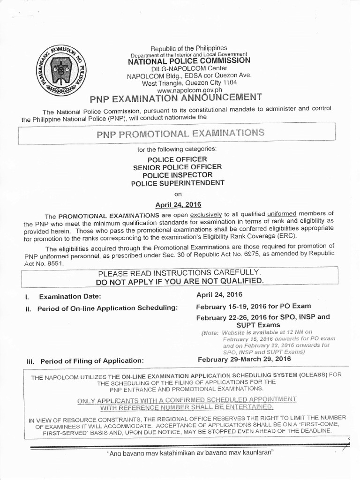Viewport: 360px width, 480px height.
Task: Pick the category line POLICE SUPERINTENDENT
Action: [178, 183]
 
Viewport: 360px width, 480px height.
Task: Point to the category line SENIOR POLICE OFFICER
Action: [178, 167]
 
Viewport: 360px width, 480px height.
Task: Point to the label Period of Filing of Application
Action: [91, 361]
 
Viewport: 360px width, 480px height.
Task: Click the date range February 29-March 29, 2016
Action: [244, 359]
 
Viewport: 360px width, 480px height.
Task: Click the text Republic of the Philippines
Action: [188, 48]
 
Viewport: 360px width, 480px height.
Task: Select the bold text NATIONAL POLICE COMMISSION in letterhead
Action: [189, 60]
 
